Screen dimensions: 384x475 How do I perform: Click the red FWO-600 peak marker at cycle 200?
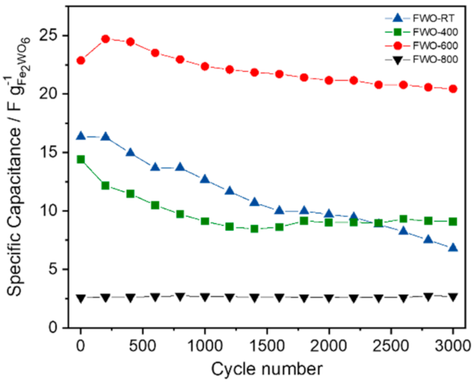tap(106, 38)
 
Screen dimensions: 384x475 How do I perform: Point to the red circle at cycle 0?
tap(81, 60)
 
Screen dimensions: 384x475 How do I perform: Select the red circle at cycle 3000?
tap(453, 88)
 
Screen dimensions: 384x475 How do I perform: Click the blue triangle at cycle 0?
tap(81, 136)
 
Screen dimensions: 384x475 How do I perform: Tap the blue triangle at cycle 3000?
tap(453, 247)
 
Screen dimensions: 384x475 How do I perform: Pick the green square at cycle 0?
tap(81, 159)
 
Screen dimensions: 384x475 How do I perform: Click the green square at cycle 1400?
tap(254, 229)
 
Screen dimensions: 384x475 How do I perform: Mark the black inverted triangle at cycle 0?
tap(81, 298)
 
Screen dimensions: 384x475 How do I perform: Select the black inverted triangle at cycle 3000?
tap(453, 297)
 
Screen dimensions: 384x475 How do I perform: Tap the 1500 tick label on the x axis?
tap(266, 346)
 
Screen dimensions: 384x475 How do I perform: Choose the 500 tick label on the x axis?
tap(142, 346)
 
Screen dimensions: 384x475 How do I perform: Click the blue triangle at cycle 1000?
tap(204, 179)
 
